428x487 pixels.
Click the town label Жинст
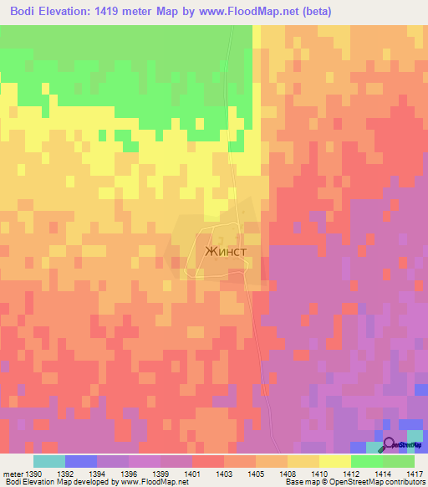[222, 249]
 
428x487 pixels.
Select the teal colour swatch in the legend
[49, 461]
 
